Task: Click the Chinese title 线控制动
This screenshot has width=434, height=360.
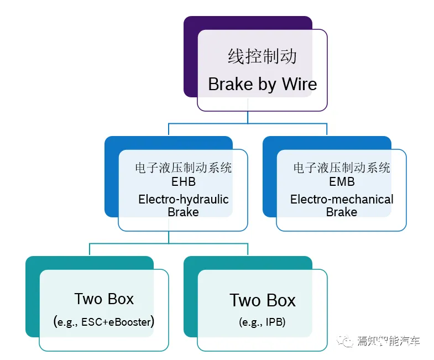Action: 262,56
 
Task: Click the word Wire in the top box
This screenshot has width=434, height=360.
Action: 300,84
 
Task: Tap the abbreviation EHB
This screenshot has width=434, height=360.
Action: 183,182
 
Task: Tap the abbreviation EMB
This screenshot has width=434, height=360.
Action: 342,182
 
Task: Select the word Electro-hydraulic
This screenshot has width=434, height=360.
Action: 183,200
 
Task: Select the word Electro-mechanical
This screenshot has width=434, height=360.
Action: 342,200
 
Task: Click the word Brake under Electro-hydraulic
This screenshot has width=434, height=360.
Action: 183,212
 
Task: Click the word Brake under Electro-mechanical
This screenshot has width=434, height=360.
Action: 342,212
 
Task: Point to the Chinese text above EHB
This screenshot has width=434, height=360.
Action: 183,168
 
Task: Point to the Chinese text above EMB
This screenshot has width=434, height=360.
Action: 342,168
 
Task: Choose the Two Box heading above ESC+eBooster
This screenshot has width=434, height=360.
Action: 104,299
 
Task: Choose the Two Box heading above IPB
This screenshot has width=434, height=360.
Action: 263,300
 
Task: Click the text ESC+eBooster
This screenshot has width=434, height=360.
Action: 116,322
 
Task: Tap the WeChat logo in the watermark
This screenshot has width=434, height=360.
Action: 345,341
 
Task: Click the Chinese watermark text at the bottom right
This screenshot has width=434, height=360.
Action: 388,341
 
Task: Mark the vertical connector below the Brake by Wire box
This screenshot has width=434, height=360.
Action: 248,117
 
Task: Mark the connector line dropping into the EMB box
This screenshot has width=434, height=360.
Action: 327,129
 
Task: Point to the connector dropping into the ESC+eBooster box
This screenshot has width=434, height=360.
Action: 90,249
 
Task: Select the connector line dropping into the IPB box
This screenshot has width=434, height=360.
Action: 248,249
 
